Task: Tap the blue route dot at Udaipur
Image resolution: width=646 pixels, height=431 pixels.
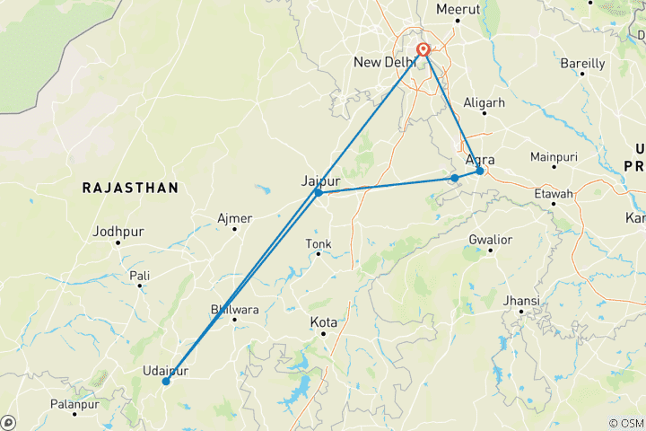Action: pyautogui.click(x=166, y=382)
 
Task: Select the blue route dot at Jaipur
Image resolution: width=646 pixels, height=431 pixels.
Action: pyautogui.click(x=319, y=192)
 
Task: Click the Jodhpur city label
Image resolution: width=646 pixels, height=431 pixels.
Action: pyautogui.click(x=118, y=232)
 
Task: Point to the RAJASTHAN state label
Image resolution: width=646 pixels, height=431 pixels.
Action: pyautogui.click(x=130, y=188)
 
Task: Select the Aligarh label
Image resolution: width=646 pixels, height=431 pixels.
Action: pyautogui.click(x=484, y=103)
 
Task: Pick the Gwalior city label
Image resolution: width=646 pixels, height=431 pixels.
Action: pyautogui.click(x=490, y=240)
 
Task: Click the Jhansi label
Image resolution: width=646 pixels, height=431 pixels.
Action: pyautogui.click(x=522, y=300)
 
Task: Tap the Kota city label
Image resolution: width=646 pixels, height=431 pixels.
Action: pyautogui.click(x=323, y=321)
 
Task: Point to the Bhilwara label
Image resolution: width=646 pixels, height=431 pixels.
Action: pyautogui.click(x=232, y=309)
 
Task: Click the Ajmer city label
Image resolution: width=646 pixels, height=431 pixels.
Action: pyautogui.click(x=235, y=218)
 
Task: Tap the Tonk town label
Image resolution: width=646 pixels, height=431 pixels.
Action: pyautogui.click(x=319, y=243)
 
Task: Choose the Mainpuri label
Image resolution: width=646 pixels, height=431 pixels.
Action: pyautogui.click(x=554, y=156)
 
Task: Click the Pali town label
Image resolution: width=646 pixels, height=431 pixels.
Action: pyautogui.click(x=139, y=275)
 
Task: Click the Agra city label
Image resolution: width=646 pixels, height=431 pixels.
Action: pyautogui.click(x=480, y=160)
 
